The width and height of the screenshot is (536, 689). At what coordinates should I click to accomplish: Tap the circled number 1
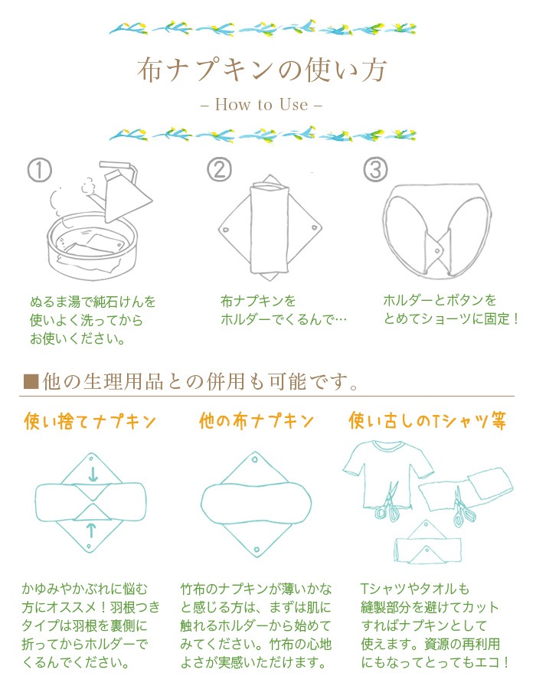(x=39, y=170)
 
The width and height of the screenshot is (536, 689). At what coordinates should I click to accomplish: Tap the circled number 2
(x=220, y=170)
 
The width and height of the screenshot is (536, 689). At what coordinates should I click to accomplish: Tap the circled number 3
(x=375, y=170)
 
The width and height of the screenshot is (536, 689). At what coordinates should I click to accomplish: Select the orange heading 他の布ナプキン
(x=257, y=421)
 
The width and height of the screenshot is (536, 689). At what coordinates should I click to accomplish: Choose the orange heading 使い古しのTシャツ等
(x=428, y=421)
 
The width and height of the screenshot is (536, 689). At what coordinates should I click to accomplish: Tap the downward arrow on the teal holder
(x=93, y=475)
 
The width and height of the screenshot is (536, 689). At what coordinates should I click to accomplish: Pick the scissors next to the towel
(x=462, y=509)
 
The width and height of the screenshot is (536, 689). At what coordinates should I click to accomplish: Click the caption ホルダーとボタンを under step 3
(x=440, y=300)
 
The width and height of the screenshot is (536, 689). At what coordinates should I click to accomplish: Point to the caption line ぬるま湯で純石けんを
(x=93, y=301)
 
